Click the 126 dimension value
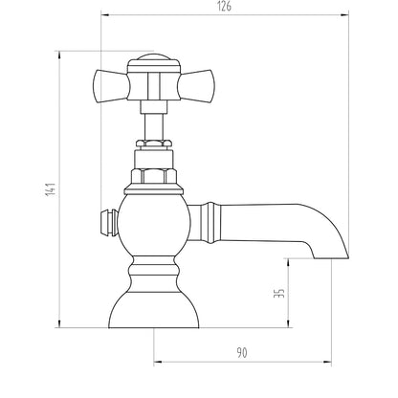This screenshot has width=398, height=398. [x=225, y=7]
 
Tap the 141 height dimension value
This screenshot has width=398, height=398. [x=51, y=189]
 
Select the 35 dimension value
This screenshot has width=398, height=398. [x=279, y=293]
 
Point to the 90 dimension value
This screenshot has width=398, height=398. [x=242, y=353]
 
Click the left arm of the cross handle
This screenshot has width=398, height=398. [x=111, y=86]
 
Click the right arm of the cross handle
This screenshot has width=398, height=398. [x=196, y=86]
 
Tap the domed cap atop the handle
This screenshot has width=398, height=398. [x=154, y=60]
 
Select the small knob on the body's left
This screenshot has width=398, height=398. [x=109, y=223]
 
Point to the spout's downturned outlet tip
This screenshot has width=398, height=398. [x=332, y=254]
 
